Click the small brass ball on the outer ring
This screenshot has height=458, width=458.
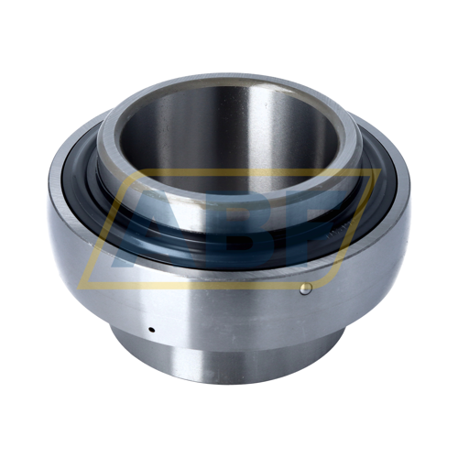[x=306, y=289]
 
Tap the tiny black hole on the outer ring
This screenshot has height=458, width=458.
[x=151, y=330]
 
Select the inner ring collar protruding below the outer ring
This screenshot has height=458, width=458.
[x=227, y=360]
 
